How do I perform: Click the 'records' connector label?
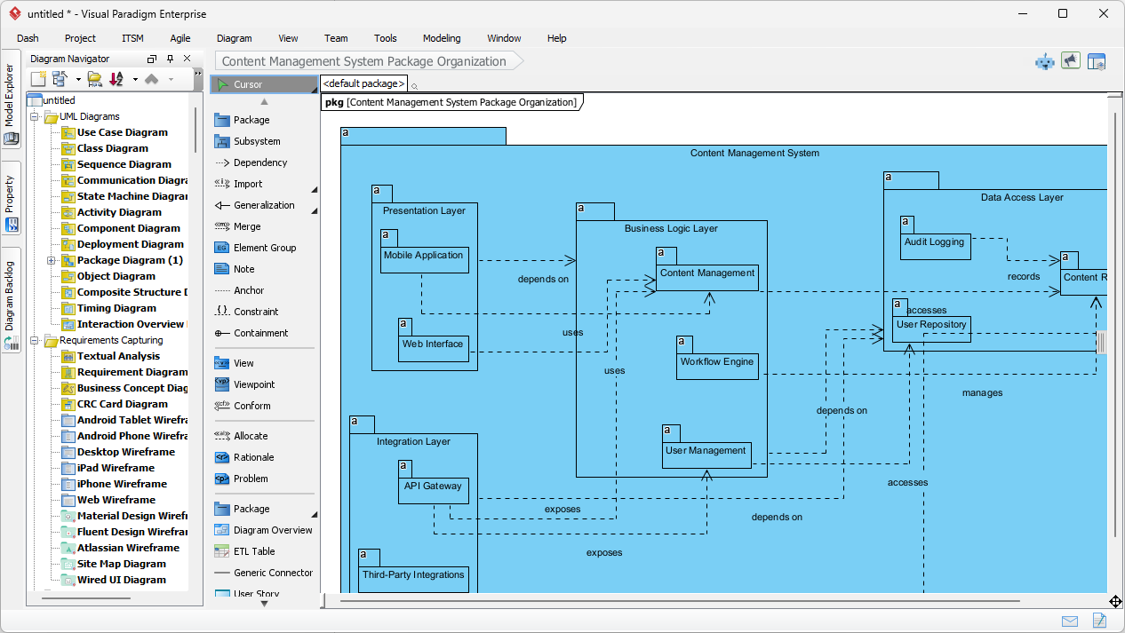click(1024, 277)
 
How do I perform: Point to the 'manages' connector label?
click(982, 392)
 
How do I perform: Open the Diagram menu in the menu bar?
click(234, 38)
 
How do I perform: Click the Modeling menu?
click(442, 38)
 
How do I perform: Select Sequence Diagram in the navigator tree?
click(124, 164)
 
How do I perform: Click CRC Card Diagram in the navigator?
click(122, 404)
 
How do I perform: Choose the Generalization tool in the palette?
click(263, 205)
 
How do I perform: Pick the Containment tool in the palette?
click(260, 333)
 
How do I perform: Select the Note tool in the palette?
click(243, 269)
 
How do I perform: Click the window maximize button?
click(1063, 13)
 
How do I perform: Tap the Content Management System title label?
click(754, 153)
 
